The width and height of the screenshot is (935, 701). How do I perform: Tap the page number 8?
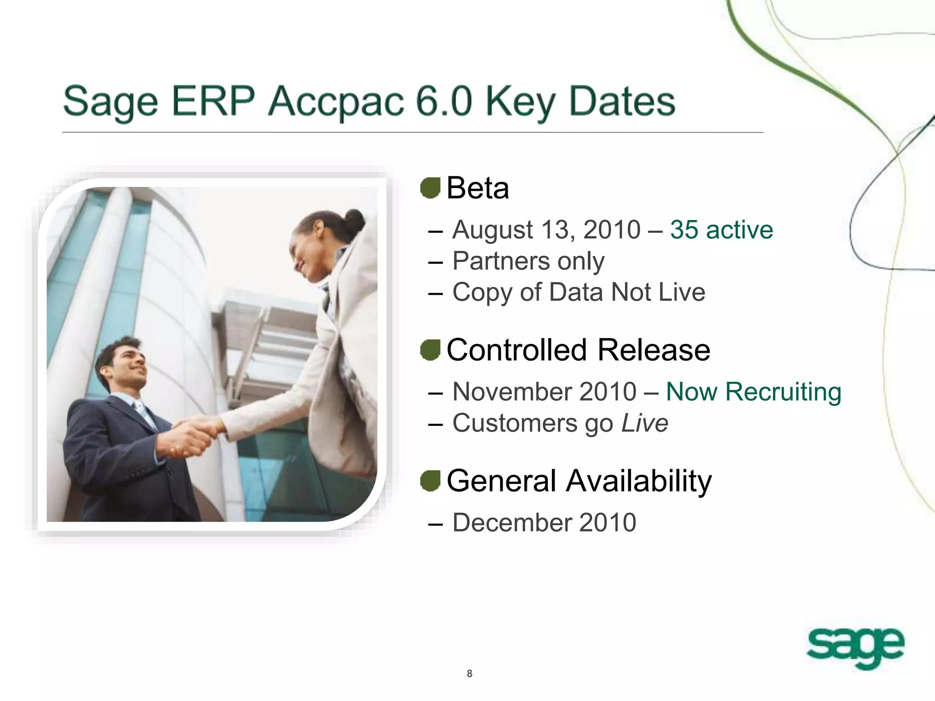[469, 674]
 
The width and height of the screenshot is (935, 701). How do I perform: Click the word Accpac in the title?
[336, 101]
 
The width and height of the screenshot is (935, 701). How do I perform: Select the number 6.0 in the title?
[444, 101]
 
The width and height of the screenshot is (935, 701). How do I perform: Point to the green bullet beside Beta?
[430, 188]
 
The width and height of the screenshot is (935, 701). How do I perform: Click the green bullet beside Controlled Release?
[430, 350]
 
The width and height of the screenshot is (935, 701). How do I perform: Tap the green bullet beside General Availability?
[430, 481]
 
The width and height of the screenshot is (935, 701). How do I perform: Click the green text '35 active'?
[721, 230]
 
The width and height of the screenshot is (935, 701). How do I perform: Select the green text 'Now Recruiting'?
[753, 392]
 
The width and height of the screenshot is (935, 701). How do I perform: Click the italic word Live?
[645, 423]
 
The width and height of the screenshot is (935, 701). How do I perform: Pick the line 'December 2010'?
[544, 523]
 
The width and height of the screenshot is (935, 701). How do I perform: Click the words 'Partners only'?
[528, 261]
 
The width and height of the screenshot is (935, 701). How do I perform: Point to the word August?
[492, 230]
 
